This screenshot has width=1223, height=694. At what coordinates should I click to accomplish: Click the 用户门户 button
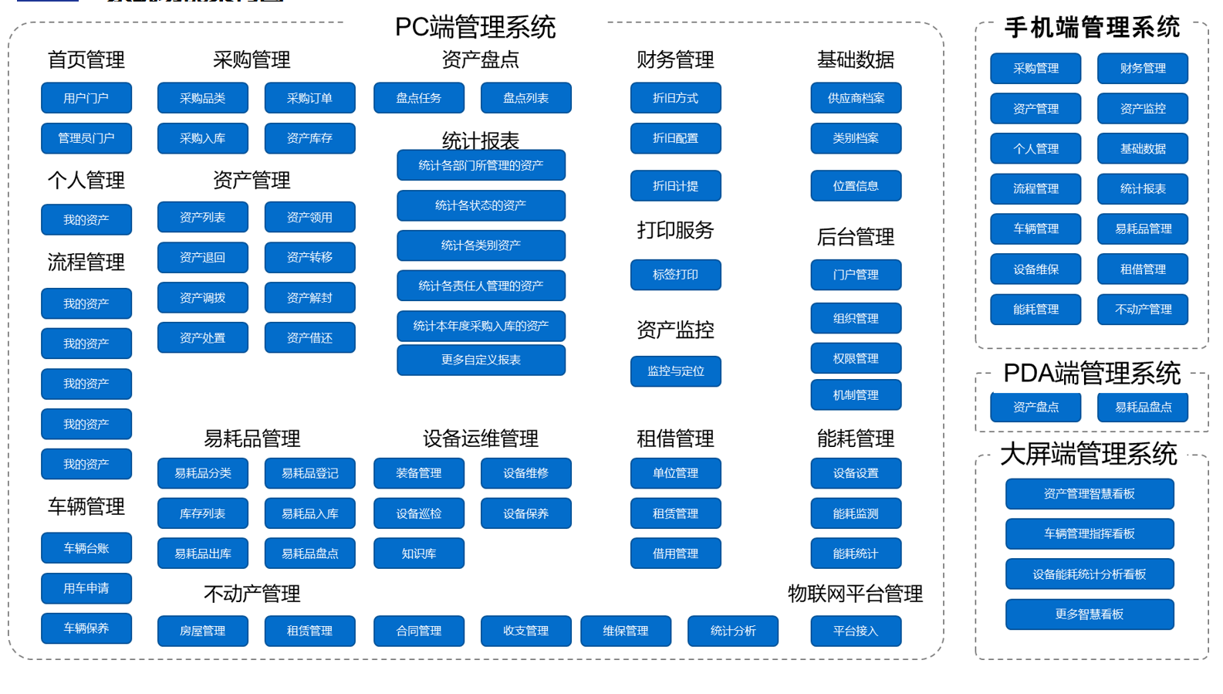86,98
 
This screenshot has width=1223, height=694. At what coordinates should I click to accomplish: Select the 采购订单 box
309,98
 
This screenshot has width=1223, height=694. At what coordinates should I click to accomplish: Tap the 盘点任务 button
418,98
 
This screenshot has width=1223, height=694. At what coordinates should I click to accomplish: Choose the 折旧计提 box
675,186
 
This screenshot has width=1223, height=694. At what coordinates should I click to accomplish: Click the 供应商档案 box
856,98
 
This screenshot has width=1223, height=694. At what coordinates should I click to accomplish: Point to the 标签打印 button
675,275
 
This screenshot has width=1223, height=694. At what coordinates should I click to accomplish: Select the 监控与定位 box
675,371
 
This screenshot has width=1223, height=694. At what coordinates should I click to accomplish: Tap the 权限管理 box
856,358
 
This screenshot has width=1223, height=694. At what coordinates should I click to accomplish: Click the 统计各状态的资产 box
481,205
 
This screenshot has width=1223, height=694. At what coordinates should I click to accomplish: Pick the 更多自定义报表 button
481,360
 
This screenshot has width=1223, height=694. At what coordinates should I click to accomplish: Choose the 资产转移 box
309,257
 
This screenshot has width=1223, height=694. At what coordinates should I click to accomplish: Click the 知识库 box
418,554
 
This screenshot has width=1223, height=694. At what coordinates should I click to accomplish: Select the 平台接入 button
856,631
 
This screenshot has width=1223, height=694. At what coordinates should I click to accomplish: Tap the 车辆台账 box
86,548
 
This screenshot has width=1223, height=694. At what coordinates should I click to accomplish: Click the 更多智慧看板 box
1089,614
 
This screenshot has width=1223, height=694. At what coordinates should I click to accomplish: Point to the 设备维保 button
1035,269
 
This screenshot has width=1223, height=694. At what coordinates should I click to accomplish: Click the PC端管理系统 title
475,28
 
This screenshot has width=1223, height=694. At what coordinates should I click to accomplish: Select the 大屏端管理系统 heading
1089,454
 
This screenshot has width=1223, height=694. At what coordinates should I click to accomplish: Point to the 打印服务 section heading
675,230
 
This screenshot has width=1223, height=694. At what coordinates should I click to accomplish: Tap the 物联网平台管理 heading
855,594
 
